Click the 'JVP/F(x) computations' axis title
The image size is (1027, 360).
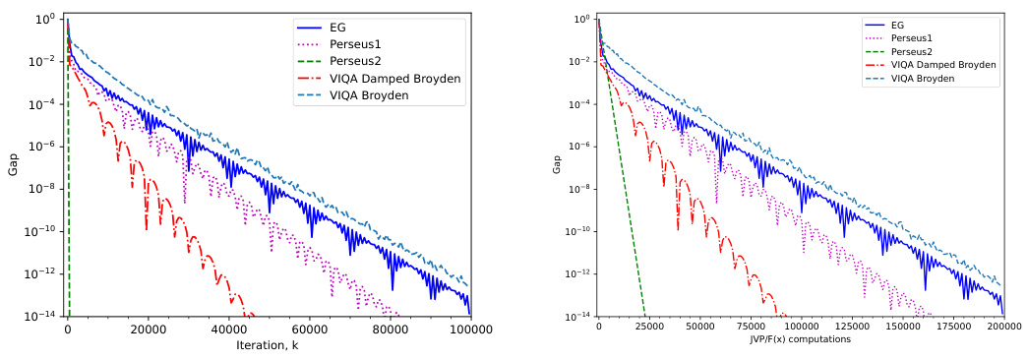coord(800,339)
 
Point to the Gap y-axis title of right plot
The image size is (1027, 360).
coord(556,164)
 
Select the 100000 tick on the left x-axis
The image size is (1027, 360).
coord(469,330)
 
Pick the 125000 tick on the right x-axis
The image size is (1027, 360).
coord(851,327)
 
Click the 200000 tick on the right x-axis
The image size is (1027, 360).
coord(1002,327)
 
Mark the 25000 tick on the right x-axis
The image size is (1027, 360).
coord(649,327)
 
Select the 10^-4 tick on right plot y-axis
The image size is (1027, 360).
coord(581,104)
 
